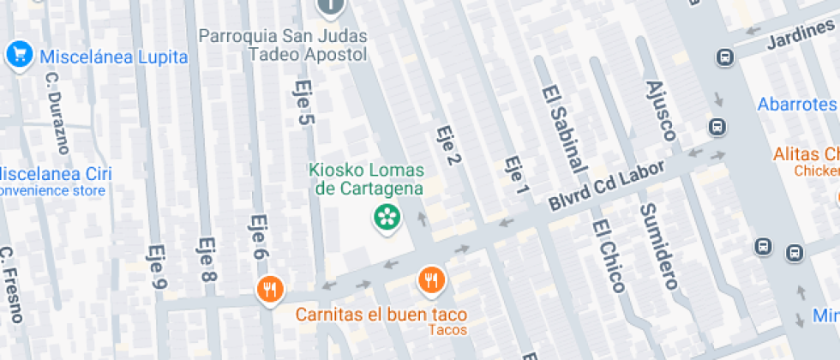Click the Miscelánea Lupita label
(113, 57)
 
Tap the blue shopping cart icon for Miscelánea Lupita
(18, 55)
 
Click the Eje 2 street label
(445, 145)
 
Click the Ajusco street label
(660, 110)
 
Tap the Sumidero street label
(658, 246)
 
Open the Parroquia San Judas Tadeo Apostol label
(283, 45)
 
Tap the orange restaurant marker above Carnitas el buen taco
(431, 279)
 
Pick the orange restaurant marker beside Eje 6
(270, 290)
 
